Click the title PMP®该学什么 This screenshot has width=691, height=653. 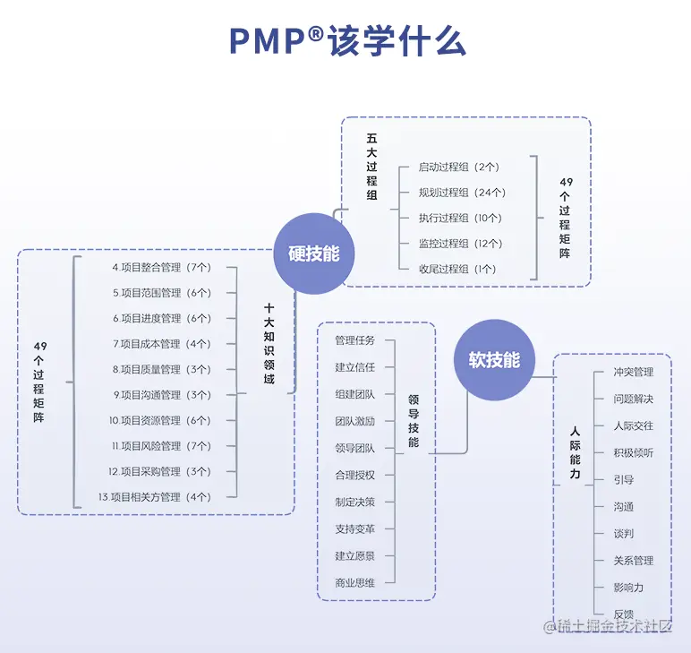coord(346,41)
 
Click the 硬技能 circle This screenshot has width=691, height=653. coord(314,253)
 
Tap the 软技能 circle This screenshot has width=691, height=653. coord(494,360)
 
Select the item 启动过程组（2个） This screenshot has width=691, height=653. coord(458,167)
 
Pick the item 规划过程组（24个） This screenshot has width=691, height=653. coord(462,193)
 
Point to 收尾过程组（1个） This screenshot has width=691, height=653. coord(457,269)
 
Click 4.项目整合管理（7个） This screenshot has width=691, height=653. coord(161,268)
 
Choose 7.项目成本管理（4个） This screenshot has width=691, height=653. coord(161,344)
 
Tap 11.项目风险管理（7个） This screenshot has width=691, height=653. coord(161,446)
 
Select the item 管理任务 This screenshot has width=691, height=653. coord(354,340)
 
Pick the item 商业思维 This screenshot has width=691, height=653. coord(354,583)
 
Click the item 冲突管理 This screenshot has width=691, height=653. coord(633,372)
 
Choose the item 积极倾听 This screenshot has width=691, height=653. coord(633,453)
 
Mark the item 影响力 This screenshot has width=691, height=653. coord(628,588)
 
